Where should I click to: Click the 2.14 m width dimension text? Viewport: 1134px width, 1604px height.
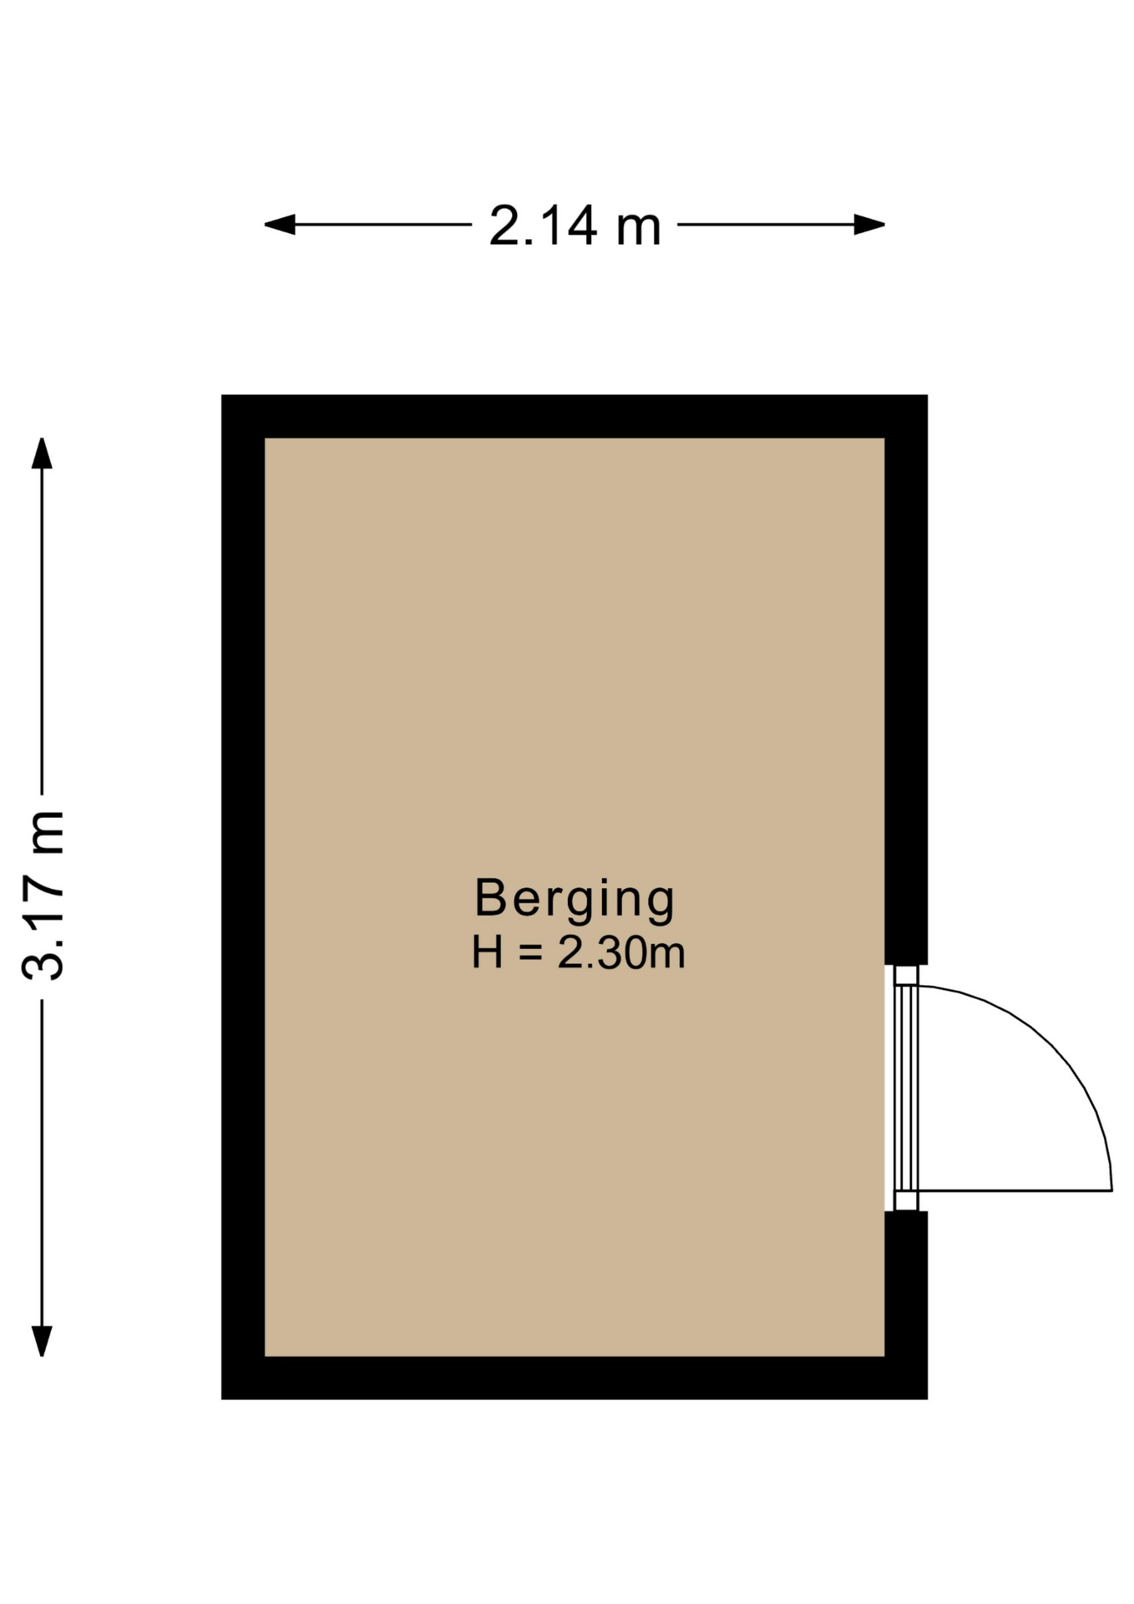pyautogui.click(x=575, y=226)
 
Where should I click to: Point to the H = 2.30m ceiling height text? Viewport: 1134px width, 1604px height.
pyautogui.click(x=578, y=953)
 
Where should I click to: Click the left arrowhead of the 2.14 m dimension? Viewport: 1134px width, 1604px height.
pyautogui.click(x=279, y=225)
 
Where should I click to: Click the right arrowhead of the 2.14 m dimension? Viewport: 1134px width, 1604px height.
pyautogui.click(x=870, y=225)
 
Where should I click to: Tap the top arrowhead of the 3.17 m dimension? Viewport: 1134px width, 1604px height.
pyautogui.click(x=42, y=453)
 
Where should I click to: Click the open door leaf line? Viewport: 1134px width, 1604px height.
pyautogui.click(x=1015, y=1190)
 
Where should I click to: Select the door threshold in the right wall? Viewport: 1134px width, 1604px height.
pyautogui.click(x=906, y=1088)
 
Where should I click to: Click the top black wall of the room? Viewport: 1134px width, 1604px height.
pyautogui.click(x=575, y=416)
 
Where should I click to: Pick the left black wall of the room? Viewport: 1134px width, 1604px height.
pyautogui.click(x=243, y=896)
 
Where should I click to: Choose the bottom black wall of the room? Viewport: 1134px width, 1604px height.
pyautogui.click(x=575, y=1378)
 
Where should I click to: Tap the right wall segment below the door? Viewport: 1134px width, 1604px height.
pyautogui.click(x=906, y=1305)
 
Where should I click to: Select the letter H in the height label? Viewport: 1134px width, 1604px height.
pyautogui.click(x=488, y=953)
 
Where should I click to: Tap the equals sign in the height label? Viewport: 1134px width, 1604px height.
pyautogui.click(x=530, y=954)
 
